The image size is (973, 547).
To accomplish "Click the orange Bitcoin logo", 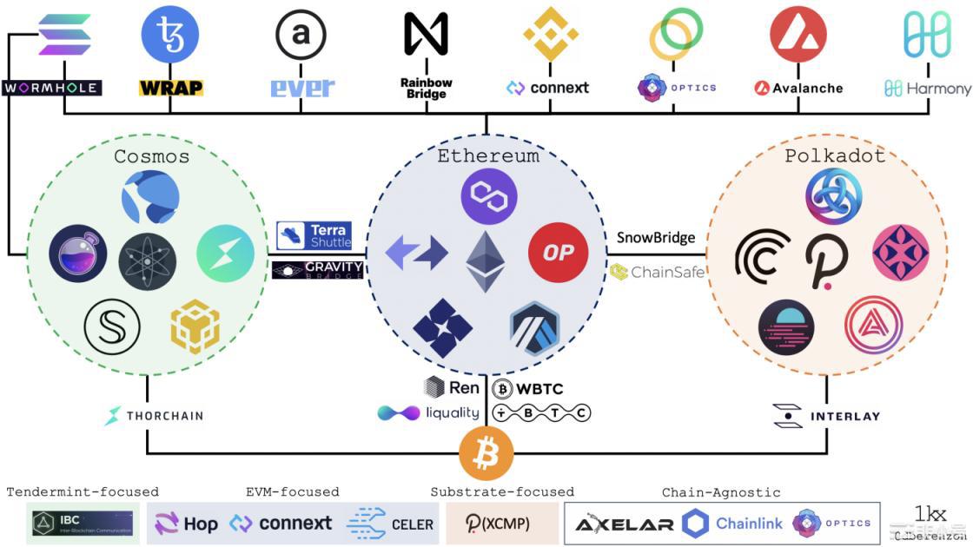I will [486, 452].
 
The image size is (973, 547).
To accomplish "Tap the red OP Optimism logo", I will [558, 253].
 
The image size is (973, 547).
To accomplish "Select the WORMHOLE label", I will [51, 88].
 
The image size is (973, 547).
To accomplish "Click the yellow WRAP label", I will [170, 88].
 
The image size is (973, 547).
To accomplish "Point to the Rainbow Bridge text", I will [426, 88].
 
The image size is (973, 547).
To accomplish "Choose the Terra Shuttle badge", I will [314, 235].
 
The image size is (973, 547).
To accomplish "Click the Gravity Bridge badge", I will [317, 270].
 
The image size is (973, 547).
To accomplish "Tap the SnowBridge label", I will [656, 237].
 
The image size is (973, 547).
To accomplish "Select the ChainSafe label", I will [657, 272].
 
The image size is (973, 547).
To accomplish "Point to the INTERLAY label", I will [826, 416].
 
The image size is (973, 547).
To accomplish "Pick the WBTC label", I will [530, 387].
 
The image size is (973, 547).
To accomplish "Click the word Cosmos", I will [151, 157].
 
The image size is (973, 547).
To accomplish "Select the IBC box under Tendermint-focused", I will [83, 524].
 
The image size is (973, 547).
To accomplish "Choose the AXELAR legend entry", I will [625, 524].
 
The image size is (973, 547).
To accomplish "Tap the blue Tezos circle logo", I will [170, 34].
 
